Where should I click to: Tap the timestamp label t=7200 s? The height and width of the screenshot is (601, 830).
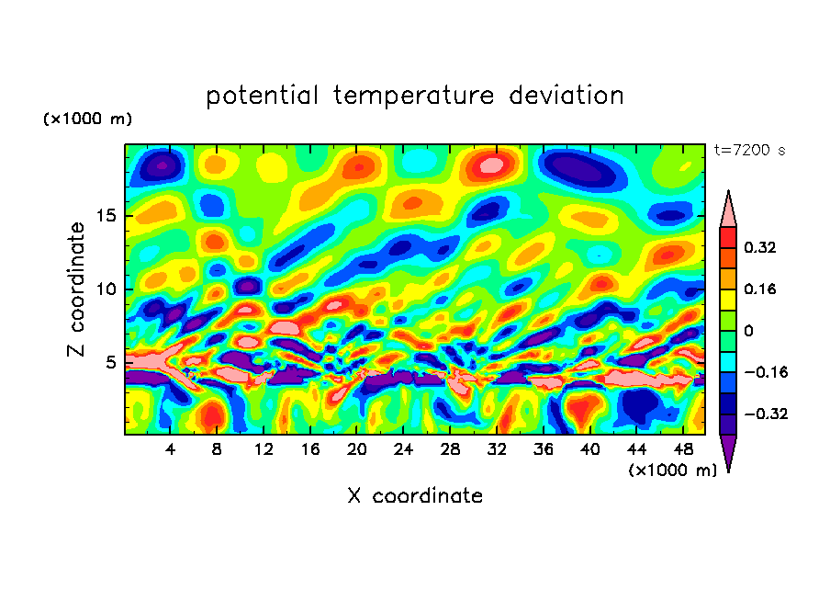click(x=749, y=150)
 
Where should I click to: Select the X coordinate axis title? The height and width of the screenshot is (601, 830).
click(x=415, y=496)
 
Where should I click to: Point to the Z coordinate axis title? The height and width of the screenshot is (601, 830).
click(x=77, y=289)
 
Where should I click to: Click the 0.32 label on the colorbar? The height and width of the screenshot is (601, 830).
click(x=761, y=247)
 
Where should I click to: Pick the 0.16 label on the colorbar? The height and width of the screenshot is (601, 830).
click(x=761, y=289)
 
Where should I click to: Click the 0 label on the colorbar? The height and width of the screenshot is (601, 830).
click(x=749, y=331)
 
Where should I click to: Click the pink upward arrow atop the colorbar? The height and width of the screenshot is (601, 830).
click(x=729, y=210)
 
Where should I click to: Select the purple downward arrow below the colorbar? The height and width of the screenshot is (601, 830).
click(x=729, y=453)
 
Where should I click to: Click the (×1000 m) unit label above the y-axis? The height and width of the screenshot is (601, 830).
click(x=87, y=119)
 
